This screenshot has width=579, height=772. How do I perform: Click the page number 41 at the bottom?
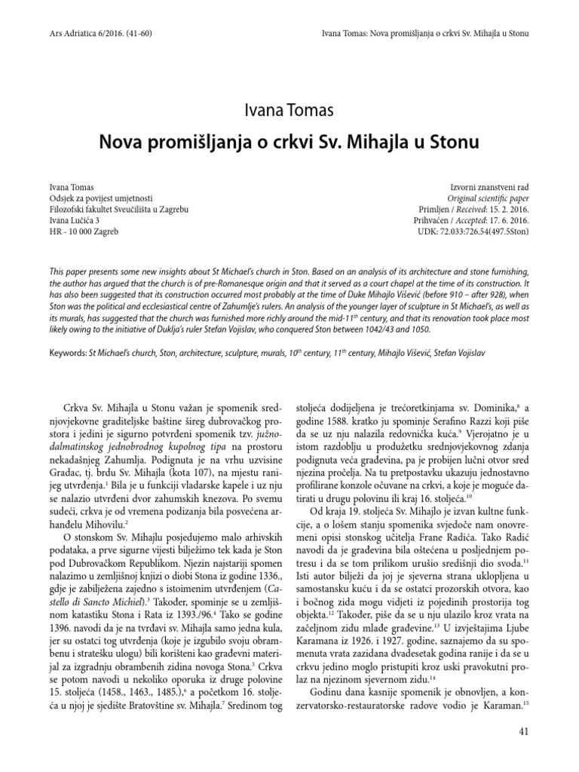click(x=525, y=731)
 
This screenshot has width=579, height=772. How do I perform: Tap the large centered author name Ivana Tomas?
click(x=289, y=112)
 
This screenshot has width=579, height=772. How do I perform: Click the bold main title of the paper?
click(x=289, y=141)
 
